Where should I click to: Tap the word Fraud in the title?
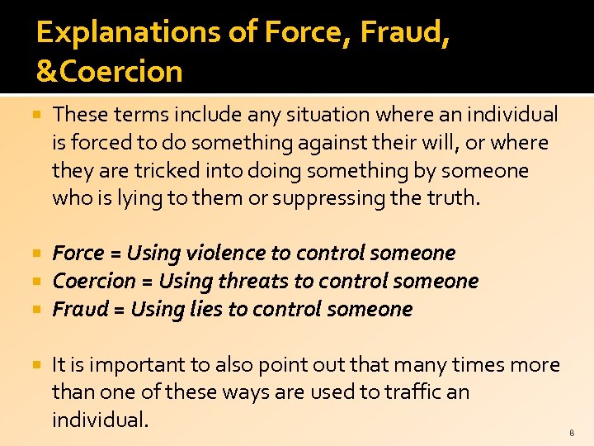[x=409, y=33]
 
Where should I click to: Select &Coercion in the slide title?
[x=109, y=72]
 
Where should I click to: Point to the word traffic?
[x=395, y=392]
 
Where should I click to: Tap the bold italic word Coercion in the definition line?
[x=93, y=281]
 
